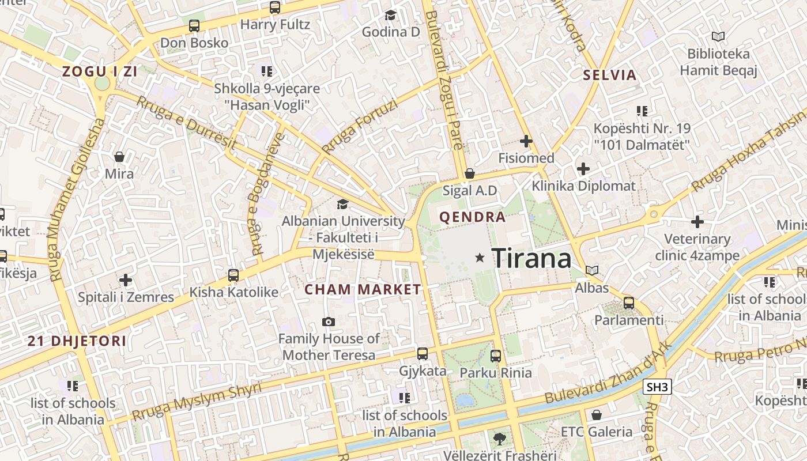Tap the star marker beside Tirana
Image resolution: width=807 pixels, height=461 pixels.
pos(480,258)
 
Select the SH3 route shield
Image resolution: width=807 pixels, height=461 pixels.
pos(657,387)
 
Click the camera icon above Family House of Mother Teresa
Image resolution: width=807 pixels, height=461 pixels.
pos(329,322)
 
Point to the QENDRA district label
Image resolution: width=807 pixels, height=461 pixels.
pos(472,217)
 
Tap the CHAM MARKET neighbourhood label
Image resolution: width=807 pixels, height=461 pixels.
pos(363,289)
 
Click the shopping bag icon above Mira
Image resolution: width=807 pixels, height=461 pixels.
pos(119,157)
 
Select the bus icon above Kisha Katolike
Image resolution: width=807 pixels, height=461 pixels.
pos(233,275)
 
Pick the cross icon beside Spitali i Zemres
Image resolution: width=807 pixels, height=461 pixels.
pos(126,281)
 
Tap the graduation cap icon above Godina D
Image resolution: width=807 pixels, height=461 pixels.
pos(391,15)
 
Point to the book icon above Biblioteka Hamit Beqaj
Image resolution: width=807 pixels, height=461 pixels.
pos(718,37)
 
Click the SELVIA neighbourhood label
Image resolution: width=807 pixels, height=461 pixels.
pos(609,75)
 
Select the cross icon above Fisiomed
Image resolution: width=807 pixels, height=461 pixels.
pos(526,141)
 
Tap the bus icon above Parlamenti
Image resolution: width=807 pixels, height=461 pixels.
pos(629,303)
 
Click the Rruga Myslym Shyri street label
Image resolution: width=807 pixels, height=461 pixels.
pos(197,401)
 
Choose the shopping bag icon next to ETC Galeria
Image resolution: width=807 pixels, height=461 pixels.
pos(597,415)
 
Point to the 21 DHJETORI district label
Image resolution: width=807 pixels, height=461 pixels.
pos(77,341)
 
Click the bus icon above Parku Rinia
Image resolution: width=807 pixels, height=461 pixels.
pos(496,356)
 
